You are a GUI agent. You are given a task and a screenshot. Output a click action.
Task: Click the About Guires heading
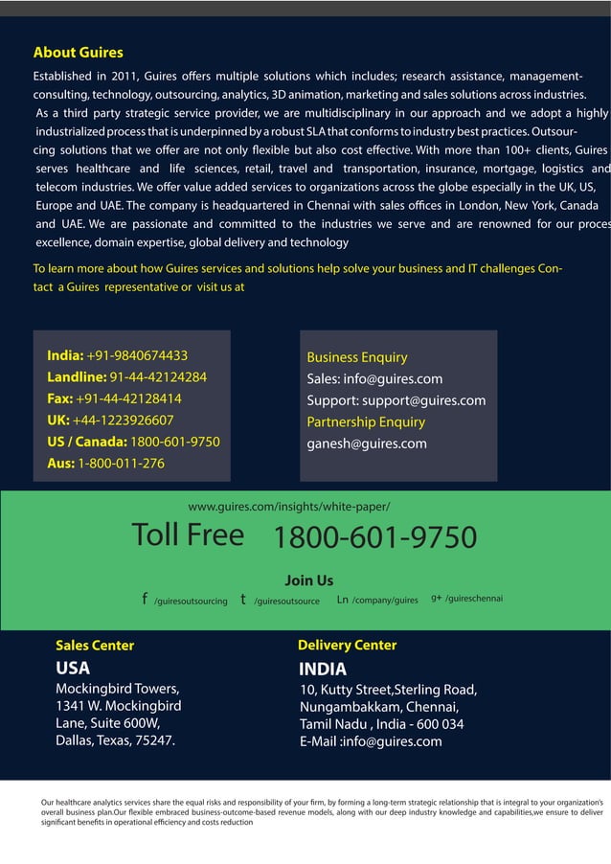click(x=78, y=53)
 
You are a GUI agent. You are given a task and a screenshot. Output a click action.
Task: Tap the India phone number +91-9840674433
click(x=137, y=355)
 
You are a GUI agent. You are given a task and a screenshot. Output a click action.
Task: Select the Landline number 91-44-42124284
click(x=158, y=376)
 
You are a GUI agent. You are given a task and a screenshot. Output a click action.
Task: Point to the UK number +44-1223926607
click(x=123, y=420)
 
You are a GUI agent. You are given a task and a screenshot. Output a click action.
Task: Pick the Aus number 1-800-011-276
click(x=121, y=464)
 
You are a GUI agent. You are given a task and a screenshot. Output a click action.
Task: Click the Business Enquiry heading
click(x=356, y=357)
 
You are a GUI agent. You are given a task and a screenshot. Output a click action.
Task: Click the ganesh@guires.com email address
click(x=367, y=443)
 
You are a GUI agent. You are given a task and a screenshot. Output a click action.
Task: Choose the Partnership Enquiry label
click(x=366, y=421)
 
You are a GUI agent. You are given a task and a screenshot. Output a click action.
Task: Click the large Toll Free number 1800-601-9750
click(x=374, y=538)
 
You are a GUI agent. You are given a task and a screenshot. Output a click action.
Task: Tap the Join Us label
click(x=309, y=580)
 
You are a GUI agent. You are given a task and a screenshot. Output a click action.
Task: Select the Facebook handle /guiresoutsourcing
click(x=191, y=602)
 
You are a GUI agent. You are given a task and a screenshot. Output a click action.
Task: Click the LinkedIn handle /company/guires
click(x=385, y=601)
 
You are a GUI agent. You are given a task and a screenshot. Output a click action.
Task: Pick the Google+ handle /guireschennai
click(x=474, y=599)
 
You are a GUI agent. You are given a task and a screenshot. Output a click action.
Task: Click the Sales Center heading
click(x=95, y=646)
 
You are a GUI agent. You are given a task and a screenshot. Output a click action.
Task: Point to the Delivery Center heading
click(x=347, y=646)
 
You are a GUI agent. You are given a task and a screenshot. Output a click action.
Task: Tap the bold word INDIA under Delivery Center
click(x=323, y=670)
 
